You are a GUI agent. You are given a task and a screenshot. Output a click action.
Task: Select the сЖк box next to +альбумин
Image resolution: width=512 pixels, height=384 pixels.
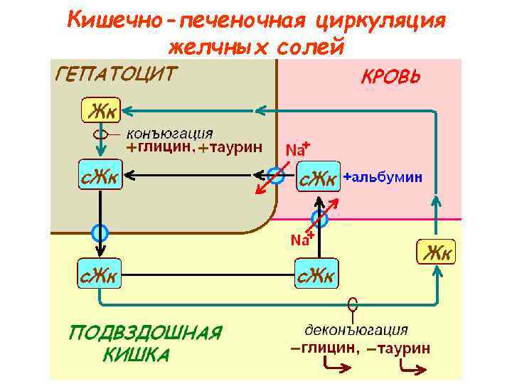coord(317,178)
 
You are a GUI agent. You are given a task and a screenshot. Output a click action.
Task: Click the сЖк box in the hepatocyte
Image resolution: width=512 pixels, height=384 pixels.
coord(100,176)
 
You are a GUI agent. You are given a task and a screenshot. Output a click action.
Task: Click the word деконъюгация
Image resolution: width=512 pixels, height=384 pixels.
coord(356,330)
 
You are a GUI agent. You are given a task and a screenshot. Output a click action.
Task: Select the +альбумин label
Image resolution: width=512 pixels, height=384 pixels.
coord(383,177)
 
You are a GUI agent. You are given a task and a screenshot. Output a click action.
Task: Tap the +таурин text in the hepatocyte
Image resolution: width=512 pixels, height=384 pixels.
coord(230,148)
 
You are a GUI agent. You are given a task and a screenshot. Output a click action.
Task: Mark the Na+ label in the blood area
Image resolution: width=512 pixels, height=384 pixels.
coord(297,149)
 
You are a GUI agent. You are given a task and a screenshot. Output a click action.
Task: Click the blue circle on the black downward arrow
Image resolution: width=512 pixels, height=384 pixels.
coord(100,232)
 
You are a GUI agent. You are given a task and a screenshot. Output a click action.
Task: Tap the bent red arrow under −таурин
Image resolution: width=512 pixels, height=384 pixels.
coord(412,368)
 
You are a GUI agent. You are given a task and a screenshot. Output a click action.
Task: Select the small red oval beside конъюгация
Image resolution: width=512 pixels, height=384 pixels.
coord(101,134)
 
